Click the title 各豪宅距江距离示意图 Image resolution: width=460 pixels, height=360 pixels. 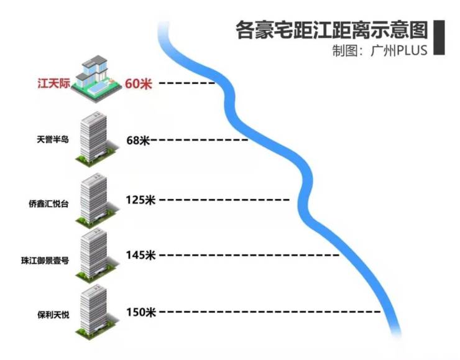tap(332, 30)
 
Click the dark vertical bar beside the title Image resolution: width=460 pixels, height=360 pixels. tap(438, 37)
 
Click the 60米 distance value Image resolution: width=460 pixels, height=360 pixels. tap(138, 83)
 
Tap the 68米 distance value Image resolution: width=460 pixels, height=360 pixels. tap(138, 141)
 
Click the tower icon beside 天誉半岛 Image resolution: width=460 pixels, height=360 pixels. tap(92, 138)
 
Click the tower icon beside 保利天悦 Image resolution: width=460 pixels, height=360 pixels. tap(93, 311)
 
